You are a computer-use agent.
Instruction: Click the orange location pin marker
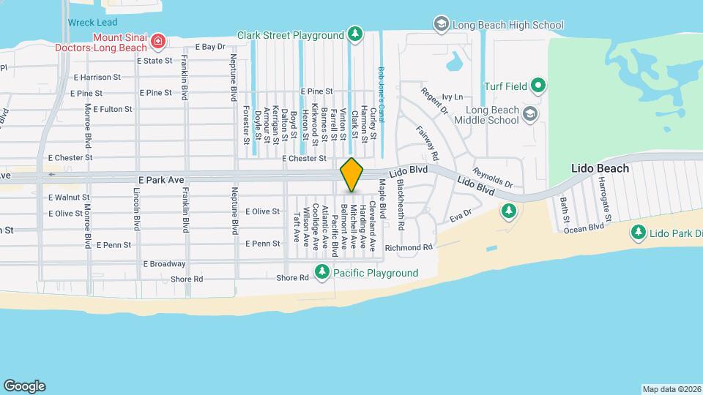click(x=351, y=175)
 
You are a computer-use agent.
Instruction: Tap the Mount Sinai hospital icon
click(x=158, y=41)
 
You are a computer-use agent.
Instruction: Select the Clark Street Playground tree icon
click(x=355, y=34)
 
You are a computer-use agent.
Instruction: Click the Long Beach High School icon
click(x=441, y=24)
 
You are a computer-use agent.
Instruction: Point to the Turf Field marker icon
click(x=538, y=86)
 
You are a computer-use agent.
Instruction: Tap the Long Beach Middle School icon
click(x=531, y=115)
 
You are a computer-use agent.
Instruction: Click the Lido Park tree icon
click(x=638, y=233)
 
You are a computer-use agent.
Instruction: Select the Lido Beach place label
click(x=600, y=168)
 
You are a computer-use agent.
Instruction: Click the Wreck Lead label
click(x=92, y=23)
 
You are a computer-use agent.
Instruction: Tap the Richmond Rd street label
click(x=409, y=247)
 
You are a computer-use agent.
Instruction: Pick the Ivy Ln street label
click(x=454, y=97)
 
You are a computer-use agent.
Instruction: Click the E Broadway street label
click(x=164, y=263)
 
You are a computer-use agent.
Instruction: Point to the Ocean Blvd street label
click(x=584, y=228)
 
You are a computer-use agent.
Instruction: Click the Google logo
click(x=24, y=385)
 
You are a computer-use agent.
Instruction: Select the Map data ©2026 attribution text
click(x=670, y=389)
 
